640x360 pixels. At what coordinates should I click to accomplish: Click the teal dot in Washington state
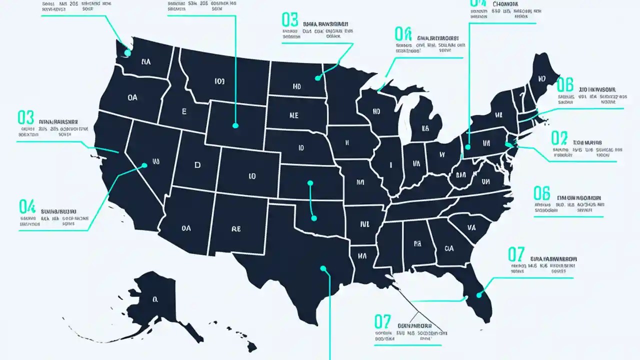127,52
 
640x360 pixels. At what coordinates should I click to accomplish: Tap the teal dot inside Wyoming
235,126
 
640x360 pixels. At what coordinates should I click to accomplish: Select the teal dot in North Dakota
317,77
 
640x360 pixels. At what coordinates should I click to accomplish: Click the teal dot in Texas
323,268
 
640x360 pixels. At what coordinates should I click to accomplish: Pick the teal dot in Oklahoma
313,217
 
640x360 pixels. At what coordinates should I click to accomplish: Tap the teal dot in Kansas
310,183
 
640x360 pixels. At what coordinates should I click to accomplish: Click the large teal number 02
559,138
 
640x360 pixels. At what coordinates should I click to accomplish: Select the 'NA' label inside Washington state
146,62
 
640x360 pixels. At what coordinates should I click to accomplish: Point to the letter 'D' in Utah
197,165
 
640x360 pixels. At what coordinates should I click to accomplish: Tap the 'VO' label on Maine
541,79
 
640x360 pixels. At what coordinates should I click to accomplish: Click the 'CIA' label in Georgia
448,248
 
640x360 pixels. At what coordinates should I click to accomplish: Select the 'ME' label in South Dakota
293,115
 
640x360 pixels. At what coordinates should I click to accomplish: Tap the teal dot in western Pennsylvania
468,147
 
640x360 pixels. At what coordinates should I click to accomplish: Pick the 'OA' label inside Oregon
132,98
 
